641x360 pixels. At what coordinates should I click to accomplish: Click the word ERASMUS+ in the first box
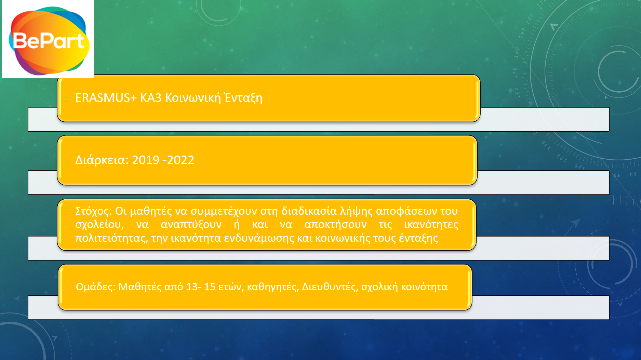pyautogui.click(x=106, y=98)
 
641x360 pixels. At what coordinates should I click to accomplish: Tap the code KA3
pyautogui.click(x=151, y=98)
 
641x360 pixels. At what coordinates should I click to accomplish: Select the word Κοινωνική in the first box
pyautogui.click(x=193, y=98)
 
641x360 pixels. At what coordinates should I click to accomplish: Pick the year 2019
pyautogui.click(x=146, y=160)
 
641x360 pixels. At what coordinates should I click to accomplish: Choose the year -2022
pyautogui.click(x=178, y=160)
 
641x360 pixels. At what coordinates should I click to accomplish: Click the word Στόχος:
pyautogui.click(x=94, y=211)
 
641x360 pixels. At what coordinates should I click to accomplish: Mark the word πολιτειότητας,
pyautogui.click(x=112, y=238)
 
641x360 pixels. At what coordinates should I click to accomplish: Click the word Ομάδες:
pyautogui.click(x=95, y=286)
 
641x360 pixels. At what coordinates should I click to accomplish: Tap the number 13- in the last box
pyautogui.click(x=193, y=286)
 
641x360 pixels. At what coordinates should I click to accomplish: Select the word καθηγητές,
pyautogui.click(x=273, y=287)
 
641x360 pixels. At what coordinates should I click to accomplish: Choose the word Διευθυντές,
pyautogui.click(x=330, y=286)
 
